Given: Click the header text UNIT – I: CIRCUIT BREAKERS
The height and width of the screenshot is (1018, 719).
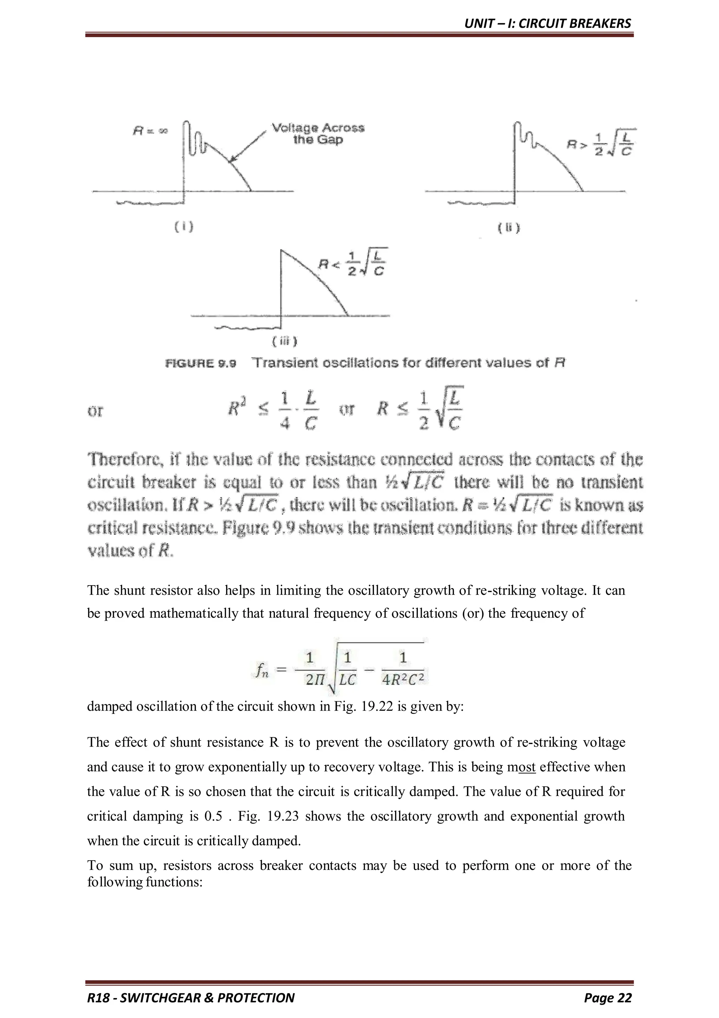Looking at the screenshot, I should (x=547, y=23).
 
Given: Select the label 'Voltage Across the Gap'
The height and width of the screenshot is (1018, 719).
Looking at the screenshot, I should (x=318, y=133).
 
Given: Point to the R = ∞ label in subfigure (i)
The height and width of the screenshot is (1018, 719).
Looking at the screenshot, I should (x=150, y=131).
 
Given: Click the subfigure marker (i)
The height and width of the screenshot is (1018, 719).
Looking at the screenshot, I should (x=183, y=227).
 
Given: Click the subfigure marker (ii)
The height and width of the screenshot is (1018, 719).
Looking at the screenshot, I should (x=509, y=228).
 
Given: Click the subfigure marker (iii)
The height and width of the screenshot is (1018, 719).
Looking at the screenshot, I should (x=284, y=341).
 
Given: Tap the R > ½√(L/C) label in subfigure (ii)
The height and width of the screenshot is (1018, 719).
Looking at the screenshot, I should (x=601, y=143).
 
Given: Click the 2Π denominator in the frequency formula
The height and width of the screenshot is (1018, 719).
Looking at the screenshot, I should (x=315, y=680).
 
